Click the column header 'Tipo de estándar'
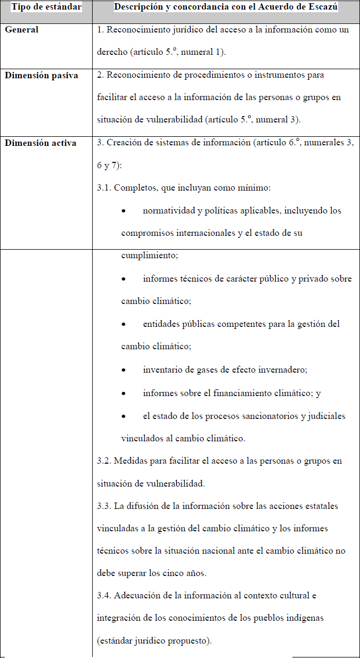click(x=46, y=7)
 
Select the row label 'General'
click(x=22, y=30)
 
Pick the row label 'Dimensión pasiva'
click(x=42, y=75)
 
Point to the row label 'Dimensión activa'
click(x=40, y=143)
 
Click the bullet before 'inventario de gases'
click(x=124, y=370)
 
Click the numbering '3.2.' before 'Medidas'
click(x=104, y=461)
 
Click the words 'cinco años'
click(x=189, y=574)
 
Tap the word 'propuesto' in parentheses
click(x=188, y=641)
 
